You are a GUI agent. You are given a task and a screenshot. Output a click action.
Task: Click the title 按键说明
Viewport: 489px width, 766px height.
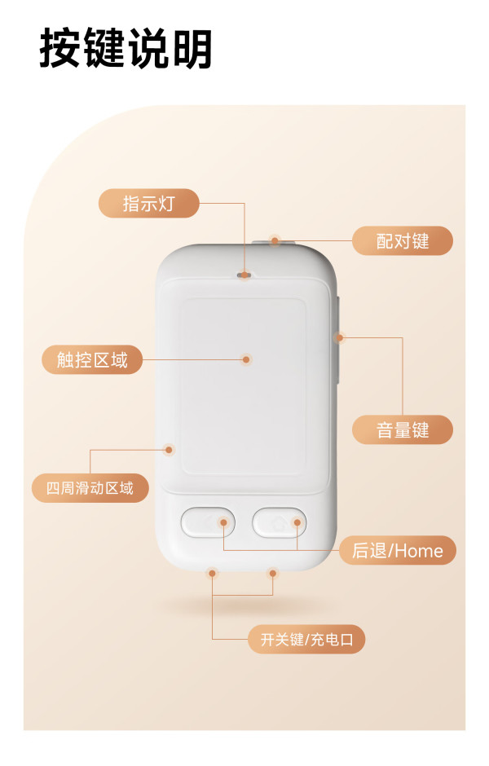[126, 48]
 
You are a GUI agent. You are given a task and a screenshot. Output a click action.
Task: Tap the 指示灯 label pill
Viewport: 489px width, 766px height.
[149, 203]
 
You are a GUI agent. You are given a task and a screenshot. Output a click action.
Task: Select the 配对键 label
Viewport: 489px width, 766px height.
[403, 241]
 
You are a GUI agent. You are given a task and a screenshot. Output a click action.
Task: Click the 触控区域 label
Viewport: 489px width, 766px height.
[92, 360]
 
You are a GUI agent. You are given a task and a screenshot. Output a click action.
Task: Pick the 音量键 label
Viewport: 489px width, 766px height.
[403, 430]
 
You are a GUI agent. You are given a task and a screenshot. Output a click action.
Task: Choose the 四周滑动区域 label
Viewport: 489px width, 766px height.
[90, 488]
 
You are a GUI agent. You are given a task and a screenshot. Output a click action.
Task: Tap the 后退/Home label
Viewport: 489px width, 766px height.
[398, 551]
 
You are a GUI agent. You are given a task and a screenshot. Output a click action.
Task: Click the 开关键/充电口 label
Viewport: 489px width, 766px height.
[306, 639]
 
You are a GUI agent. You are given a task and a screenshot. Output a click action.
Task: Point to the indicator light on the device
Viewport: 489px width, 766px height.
[244, 275]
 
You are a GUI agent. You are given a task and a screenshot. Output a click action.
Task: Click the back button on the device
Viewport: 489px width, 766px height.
[208, 522]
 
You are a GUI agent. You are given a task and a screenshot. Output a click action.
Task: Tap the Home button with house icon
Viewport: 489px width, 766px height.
[280, 522]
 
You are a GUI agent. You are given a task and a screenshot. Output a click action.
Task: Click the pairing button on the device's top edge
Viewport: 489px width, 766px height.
[275, 241]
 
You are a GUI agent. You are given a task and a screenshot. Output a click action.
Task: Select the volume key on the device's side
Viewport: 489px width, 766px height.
[337, 337]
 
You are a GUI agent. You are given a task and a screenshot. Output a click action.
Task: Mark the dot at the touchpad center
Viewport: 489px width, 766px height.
[246, 360]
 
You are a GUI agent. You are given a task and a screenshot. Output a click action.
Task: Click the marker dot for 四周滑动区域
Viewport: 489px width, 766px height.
[169, 450]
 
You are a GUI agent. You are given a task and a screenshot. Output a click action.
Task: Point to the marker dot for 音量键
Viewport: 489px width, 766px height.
[340, 337]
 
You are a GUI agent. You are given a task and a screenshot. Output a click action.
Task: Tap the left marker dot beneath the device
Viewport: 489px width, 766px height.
[212, 573]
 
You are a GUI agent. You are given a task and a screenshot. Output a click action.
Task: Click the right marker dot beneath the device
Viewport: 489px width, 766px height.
[272, 573]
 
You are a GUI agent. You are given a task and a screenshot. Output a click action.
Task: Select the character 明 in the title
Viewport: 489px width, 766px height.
[192, 48]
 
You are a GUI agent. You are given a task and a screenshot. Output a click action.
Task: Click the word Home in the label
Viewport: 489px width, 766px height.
[419, 551]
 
